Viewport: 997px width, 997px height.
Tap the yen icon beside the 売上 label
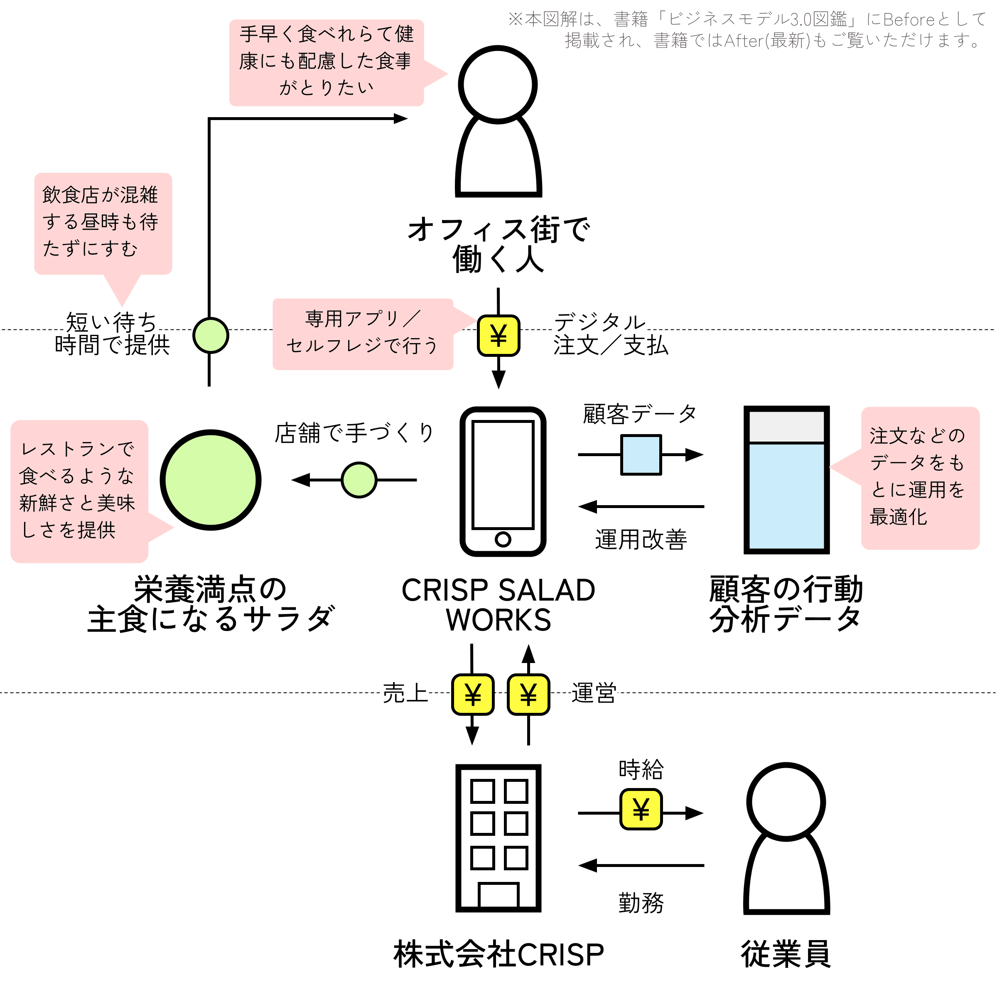(x=473, y=695)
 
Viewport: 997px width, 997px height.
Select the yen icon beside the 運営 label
(x=528, y=695)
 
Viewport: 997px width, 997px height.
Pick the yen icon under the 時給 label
(x=641, y=809)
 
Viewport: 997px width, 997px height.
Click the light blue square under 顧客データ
(x=641, y=454)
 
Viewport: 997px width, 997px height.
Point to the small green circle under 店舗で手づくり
(x=359, y=480)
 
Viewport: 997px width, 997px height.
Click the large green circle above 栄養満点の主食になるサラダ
(x=211, y=480)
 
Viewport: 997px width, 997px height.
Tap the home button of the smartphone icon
(x=503, y=539)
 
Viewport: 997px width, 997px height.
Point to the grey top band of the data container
(x=786, y=426)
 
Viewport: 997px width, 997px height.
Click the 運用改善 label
(x=641, y=539)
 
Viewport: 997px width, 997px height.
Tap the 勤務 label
(x=641, y=903)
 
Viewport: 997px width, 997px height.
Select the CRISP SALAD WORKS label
(x=498, y=605)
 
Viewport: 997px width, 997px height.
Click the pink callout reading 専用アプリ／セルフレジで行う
(x=363, y=334)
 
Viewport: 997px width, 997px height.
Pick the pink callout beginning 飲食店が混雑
(x=103, y=224)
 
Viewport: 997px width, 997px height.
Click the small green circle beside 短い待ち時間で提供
(x=211, y=335)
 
